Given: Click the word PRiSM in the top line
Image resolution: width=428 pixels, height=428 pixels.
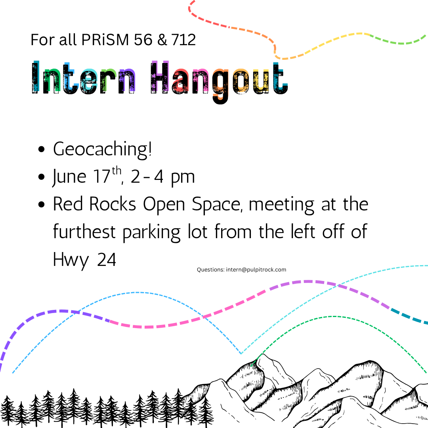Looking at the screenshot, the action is click(105, 40).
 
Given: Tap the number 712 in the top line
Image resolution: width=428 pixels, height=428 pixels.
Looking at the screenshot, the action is click(183, 40).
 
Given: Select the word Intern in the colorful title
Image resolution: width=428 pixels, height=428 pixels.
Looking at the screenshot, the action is click(84, 78).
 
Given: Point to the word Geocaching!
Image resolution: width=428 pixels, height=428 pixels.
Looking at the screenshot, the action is click(102, 150).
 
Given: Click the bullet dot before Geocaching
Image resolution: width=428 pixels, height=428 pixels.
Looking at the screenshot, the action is click(42, 149).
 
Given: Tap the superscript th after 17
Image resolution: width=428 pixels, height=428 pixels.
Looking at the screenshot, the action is click(117, 170).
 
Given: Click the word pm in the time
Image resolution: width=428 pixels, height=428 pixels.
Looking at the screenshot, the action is click(183, 178).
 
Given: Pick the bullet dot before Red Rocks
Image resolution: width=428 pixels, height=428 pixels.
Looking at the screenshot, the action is click(42, 204).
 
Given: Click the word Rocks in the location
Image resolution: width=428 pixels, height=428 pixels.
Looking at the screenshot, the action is click(113, 204).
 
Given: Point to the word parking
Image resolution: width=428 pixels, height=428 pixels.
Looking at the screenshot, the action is click(151, 233).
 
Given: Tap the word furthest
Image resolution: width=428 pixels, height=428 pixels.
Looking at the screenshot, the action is click(84, 231).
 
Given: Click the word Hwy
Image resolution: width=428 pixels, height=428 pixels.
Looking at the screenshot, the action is click(71, 260).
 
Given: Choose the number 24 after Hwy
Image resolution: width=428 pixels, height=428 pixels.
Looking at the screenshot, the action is click(107, 259).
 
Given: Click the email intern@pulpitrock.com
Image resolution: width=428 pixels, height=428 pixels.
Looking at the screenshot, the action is click(256, 270).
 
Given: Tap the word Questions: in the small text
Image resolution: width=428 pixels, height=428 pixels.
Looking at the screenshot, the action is click(211, 270).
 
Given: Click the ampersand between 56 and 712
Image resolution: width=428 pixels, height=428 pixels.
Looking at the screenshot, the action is click(162, 40).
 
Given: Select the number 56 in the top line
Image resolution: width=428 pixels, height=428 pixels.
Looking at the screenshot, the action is click(143, 40).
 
